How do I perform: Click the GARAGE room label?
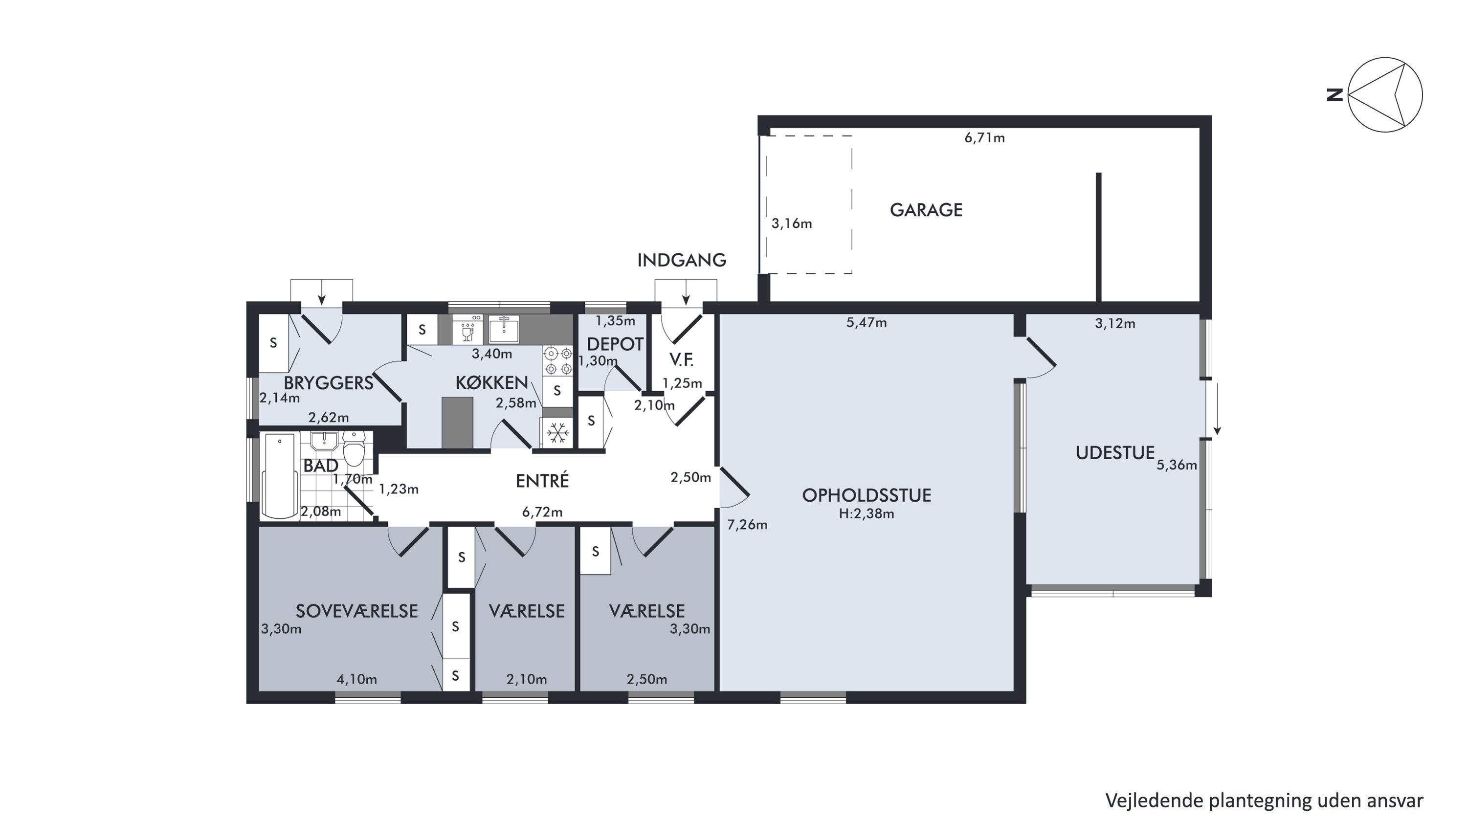pyautogui.click(x=926, y=210)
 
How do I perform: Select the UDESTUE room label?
pyautogui.click(x=1115, y=453)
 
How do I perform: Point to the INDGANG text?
pyautogui.click(x=682, y=260)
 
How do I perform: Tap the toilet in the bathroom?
pyautogui.click(x=354, y=448)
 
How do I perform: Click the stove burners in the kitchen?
pyautogui.click(x=557, y=361)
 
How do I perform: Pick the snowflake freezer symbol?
pyautogui.click(x=557, y=433)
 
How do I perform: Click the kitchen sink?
pyautogui.click(x=504, y=330)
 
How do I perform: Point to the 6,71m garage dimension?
pyautogui.click(x=985, y=138)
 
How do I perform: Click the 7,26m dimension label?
pyautogui.click(x=747, y=525)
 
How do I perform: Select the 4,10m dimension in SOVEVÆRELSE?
pyautogui.click(x=356, y=679)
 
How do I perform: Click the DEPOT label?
pyautogui.click(x=615, y=344)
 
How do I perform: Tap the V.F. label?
pyautogui.click(x=681, y=360)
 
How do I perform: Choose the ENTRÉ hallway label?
pyautogui.click(x=542, y=481)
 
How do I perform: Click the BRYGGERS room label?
pyautogui.click(x=329, y=383)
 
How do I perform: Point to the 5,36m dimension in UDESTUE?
pyautogui.click(x=1177, y=465)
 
